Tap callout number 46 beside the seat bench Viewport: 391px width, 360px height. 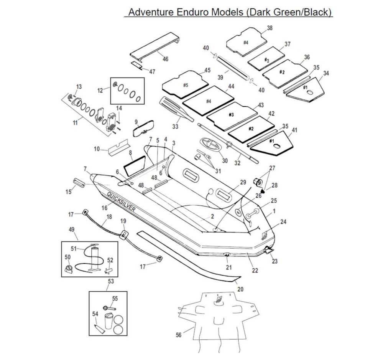[x=165, y=59]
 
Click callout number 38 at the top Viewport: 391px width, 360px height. [x=269, y=28]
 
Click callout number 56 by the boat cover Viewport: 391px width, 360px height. [x=178, y=335]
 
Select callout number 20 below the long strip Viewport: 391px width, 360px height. [x=240, y=289]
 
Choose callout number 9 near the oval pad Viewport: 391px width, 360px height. [x=136, y=122]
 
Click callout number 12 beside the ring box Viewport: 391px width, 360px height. [x=100, y=90]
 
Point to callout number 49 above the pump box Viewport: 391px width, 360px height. [x=71, y=229]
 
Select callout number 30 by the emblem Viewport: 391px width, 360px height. [x=225, y=160]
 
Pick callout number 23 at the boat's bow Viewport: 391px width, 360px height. [x=274, y=262]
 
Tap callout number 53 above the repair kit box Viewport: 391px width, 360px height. [x=111, y=281]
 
